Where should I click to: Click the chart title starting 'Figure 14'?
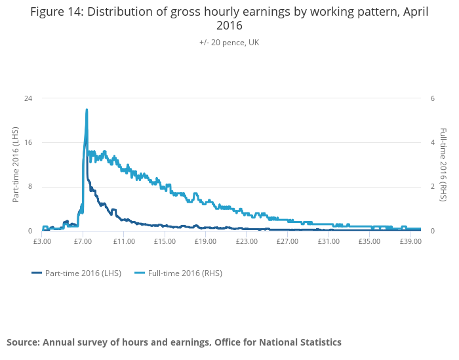click(x=229, y=19)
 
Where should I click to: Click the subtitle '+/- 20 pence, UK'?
click(x=229, y=43)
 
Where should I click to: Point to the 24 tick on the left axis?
click(x=29, y=98)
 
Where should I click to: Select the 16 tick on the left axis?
click(x=29, y=142)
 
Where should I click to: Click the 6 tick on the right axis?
click(x=432, y=98)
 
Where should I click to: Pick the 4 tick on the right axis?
click(x=432, y=142)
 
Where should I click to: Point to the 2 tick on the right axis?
click(x=432, y=187)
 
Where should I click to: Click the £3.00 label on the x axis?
click(x=42, y=241)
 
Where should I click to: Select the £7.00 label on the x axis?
click(x=83, y=241)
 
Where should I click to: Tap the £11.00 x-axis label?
click(x=124, y=241)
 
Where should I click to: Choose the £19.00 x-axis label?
click(x=205, y=241)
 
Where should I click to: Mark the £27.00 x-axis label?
click(x=287, y=241)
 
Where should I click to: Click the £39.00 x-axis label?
click(x=410, y=241)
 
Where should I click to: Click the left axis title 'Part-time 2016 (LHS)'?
click(x=16, y=164)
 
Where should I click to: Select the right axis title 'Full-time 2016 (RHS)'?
click(x=443, y=164)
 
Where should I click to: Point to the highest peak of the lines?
click(x=87, y=110)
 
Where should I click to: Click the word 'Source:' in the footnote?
click(x=23, y=342)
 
